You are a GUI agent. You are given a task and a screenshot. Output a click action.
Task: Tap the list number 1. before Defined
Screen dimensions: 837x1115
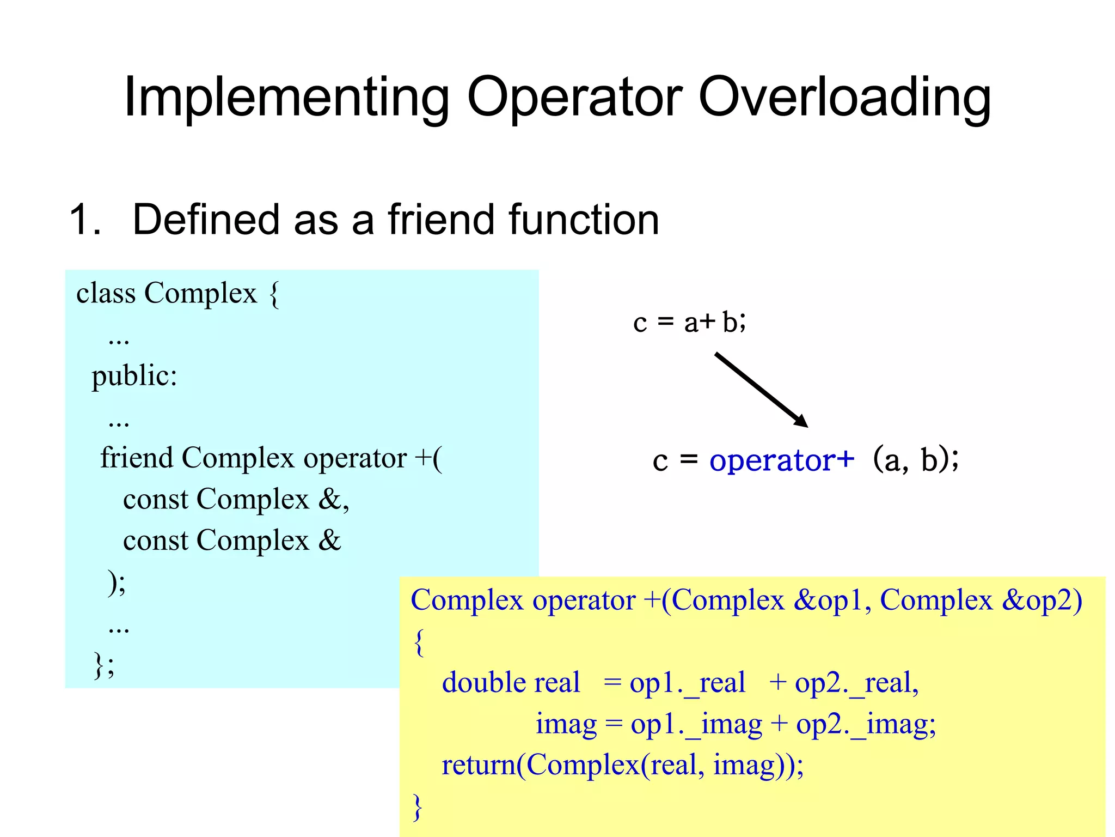(x=85, y=220)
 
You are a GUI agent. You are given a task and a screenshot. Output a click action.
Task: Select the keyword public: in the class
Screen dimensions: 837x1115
(x=134, y=376)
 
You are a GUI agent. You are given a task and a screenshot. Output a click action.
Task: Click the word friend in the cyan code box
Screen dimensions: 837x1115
(x=137, y=458)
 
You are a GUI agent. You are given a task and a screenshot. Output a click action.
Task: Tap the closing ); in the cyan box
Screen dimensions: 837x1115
(x=117, y=583)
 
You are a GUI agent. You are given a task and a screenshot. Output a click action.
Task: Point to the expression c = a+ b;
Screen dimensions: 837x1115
(x=689, y=322)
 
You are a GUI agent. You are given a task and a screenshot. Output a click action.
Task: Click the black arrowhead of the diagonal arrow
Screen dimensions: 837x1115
(x=801, y=421)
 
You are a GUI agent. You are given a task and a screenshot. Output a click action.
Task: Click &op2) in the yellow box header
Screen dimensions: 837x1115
(x=1042, y=601)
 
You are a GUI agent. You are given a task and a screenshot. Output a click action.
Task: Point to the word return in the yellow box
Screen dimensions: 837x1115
(x=478, y=765)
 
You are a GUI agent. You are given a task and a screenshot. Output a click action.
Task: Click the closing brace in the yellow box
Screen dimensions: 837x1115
(x=418, y=806)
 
